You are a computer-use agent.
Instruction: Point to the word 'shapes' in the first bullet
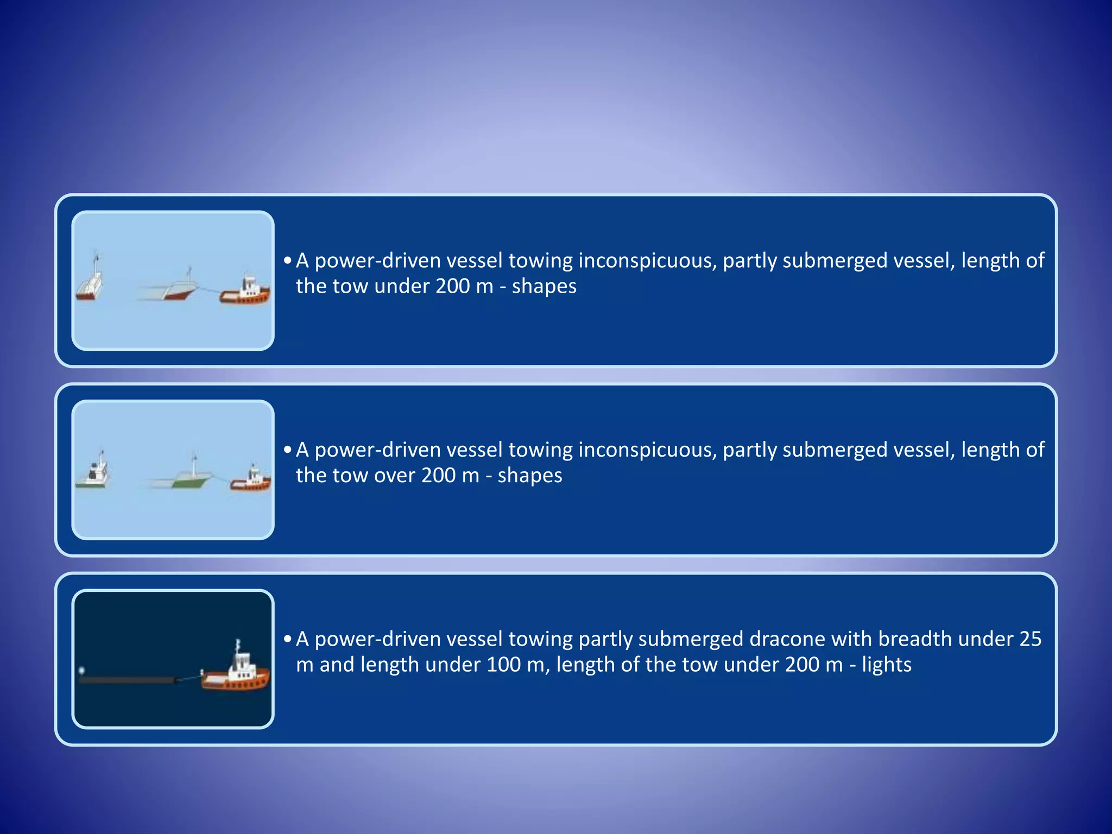tap(544, 286)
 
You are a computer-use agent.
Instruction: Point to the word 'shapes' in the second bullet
tap(530, 476)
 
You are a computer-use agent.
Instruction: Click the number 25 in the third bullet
tap(1030, 639)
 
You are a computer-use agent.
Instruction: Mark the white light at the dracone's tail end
tap(82, 671)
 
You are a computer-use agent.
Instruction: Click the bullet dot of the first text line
tap(287, 261)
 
